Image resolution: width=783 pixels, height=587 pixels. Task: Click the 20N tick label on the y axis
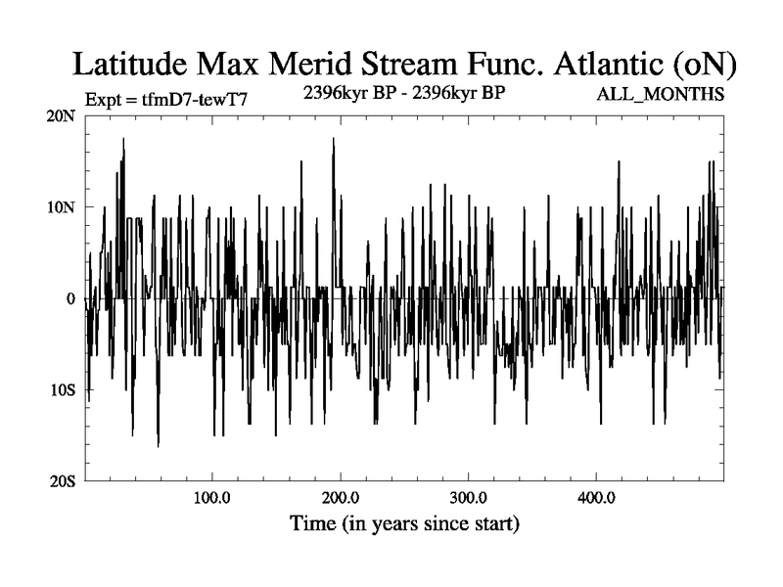[61, 115]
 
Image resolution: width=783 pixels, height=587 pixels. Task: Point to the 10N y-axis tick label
[61, 207]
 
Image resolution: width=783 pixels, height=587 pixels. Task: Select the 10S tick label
[62, 389]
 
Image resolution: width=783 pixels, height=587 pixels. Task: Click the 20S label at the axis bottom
[62, 480]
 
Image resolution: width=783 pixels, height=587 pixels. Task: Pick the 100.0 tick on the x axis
[213, 498]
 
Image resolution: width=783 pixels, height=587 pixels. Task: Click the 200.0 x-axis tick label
[341, 498]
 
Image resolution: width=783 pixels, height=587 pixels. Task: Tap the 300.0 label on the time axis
[469, 498]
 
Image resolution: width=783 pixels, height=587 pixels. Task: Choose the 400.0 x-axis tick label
[596, 498]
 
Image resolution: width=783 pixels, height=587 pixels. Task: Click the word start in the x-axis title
[492, 523]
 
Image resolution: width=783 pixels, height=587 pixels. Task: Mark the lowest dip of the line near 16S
[159, 445]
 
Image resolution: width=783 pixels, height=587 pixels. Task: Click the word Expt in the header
[104, 98]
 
